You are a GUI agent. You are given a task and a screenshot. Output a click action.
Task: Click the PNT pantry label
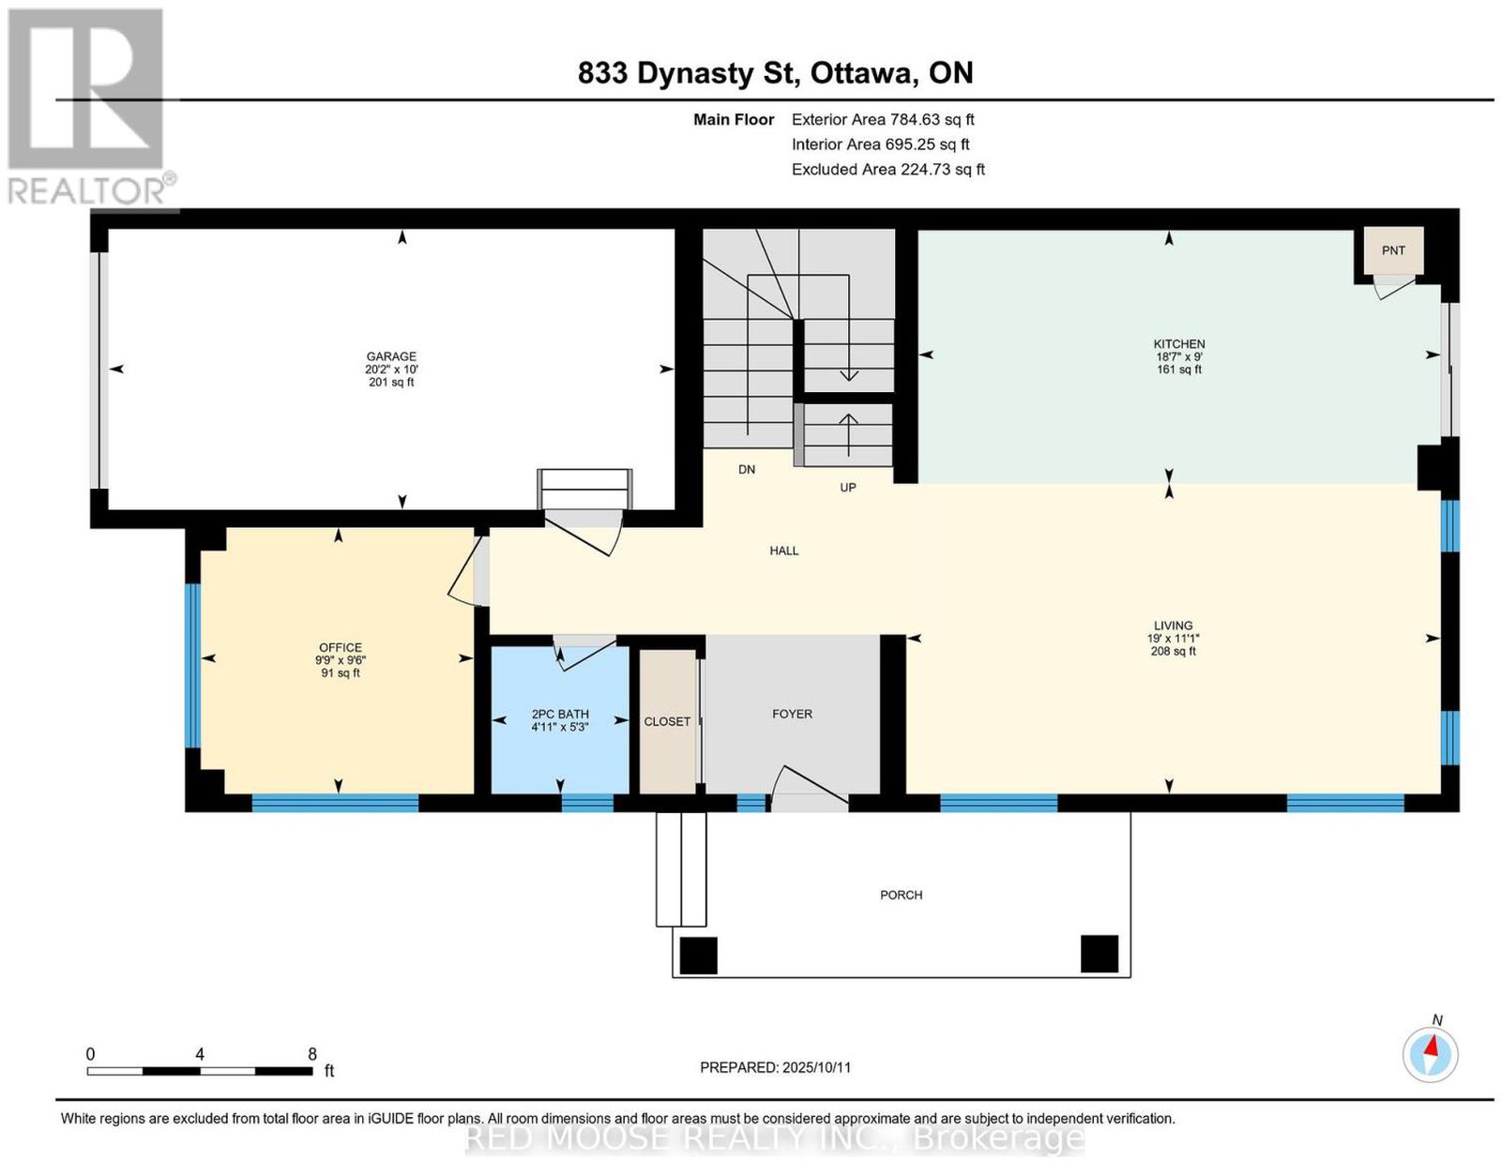pyautogui.click(x=1392, y=250)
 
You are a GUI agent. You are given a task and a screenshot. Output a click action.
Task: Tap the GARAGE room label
pyautogui.click(x=391, y=356)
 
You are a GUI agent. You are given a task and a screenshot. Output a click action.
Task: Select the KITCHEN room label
pyautogui.click(x=1178, y=344)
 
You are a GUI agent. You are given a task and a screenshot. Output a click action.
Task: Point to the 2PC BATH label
pyautogui.click(x=559, y=714)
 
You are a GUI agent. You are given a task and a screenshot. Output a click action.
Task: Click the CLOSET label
pyautogui.click(x=667, y=721)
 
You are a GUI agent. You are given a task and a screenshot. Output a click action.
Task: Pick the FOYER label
pyautogui.click(x=792, y=714)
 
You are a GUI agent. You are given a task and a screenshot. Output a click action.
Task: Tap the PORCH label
pyautogui.click(x=901, y=895)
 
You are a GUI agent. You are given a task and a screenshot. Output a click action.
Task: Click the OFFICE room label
pyautogui.click(x=340, y=647)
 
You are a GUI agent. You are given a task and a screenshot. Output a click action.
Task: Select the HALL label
pyautogui.click(x=784, y=551)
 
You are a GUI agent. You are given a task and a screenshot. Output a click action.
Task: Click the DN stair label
pyautogui.click(x=747, y=470)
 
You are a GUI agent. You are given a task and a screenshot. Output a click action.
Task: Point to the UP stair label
pyautogui.click(x=847, y=488)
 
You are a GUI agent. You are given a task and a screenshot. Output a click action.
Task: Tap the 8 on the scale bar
pyautogui.click(x=312, y=1054)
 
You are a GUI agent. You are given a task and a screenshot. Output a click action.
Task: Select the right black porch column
pyautogui.click(x=1099, y=954)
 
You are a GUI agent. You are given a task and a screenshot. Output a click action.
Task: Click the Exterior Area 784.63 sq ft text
pyautogui.click(x=882, y=119)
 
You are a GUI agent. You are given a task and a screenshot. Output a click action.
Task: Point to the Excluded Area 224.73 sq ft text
pyautogui.click(x=887, y=169)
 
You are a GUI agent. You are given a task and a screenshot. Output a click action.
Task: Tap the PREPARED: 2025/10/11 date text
pyautogui.click(x=775, y=1067)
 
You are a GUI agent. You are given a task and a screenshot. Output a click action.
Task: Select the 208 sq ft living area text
pyautogui.click(x=1173, y=651)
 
